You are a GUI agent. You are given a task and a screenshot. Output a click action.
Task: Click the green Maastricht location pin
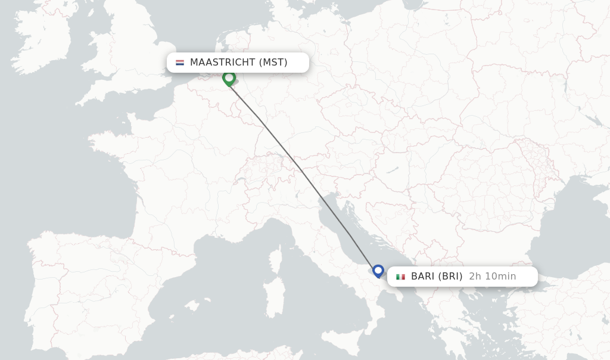pos(229,78)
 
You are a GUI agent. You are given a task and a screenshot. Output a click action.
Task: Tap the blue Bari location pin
pos(378,271)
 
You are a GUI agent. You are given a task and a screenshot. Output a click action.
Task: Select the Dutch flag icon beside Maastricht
pos(180,63)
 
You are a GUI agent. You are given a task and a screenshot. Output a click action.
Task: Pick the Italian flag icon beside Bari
pos(400,277)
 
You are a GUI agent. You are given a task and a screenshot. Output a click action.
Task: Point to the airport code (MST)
pos(273,63)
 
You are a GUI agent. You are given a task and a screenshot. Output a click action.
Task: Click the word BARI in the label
pos(423,277)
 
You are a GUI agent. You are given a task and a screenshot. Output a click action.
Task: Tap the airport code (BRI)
pos(450,277)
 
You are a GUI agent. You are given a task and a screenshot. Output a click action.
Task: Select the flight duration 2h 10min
pos(492,277)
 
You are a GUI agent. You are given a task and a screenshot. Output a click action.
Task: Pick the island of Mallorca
pos(192,306)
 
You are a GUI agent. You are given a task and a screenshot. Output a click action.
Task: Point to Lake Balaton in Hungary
pos(391,170)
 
